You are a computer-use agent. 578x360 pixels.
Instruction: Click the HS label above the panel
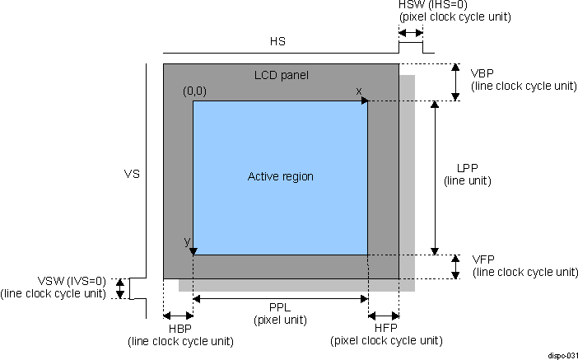pyautogui.click(x=278, y=40)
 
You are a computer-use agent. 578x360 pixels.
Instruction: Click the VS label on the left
pyautogui.click(x=132, y=175)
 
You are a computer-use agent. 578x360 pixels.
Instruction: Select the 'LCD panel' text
pyautogui.click(x=281, y=76)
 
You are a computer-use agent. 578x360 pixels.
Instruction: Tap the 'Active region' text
pyautogui.click(x=281, y=176)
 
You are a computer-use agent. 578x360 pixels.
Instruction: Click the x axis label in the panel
pyautogui.click(x=358, y=90)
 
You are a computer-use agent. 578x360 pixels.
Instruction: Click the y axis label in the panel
pyautogui.click(x=187, y=241)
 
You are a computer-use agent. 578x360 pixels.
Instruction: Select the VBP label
pyautogui.click(x=482, y=72)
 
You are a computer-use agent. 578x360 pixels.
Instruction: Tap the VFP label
pyautogui.click(x=483, y=259)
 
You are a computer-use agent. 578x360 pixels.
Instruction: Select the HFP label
pyautogui.click(x=383, y=329)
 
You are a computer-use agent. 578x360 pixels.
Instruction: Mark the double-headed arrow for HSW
pyautogui.click(x=411, y=32)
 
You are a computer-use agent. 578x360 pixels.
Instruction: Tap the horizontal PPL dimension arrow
pyautogui.click(x=280, y=298)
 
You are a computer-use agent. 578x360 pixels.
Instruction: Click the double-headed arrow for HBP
pyautogui.click(x=178, y=316)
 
